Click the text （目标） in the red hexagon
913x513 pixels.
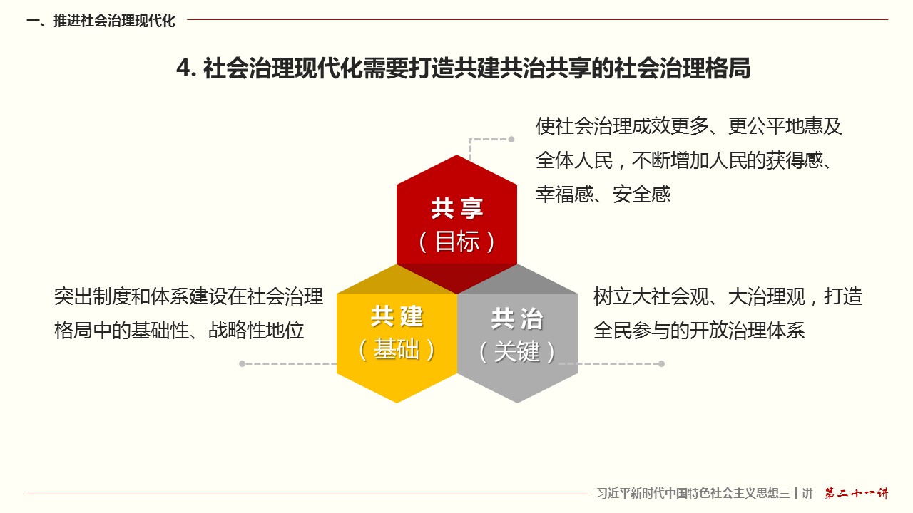point(457,242)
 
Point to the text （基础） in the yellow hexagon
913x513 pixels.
point(397,349)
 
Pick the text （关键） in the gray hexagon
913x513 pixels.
point(517,351)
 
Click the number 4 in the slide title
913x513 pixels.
point(184,68)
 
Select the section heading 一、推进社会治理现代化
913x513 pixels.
point(101,21)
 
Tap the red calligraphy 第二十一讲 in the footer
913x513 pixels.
point(857,494)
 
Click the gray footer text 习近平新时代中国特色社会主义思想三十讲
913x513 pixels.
point(705,494)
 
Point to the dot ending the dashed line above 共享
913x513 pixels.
point(511,139)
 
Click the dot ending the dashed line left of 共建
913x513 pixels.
point(242,363)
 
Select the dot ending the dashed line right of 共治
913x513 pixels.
point(661,363)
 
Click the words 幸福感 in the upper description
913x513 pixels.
point(564,195)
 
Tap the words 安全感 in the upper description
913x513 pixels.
point(641,195)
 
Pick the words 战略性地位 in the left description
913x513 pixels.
point(256,330)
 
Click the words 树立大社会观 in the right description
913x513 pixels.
point(651,296)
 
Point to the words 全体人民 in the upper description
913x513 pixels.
point(574,160)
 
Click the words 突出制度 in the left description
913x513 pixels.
point(93,296)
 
